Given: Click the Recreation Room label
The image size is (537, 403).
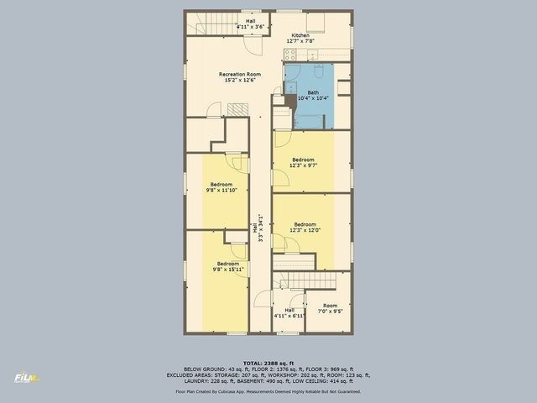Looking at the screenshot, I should pos(239,74).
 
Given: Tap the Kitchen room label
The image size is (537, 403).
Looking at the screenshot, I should pos(300,35).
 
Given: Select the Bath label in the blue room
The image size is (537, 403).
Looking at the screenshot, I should pos(312,92).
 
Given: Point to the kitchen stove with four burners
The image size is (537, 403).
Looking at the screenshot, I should pos(290,55).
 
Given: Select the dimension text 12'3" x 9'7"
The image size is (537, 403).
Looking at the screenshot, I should pos(303,165).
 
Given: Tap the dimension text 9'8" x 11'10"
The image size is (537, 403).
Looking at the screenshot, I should pos(221,191).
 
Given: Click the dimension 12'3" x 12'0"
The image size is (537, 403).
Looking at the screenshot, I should pos(305,230).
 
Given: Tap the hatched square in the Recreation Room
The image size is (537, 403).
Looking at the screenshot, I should pos(239,109).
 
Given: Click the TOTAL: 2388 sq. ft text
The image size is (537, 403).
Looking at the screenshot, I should pos(268,361).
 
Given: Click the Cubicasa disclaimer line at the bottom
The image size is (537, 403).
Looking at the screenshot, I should pos(268,391).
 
